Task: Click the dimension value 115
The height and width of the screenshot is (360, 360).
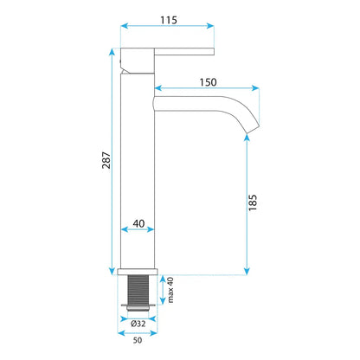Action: pos(169,20)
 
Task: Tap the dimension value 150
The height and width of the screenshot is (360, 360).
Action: pos(208,82)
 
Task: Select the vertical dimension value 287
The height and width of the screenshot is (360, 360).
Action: pos(106,160)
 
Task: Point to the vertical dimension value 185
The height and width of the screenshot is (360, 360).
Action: pos(253,202)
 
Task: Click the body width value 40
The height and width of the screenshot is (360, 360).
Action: pos(138,223)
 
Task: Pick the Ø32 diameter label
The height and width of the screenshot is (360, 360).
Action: pos(138,324)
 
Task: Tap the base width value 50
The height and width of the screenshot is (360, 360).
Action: pos(138,340)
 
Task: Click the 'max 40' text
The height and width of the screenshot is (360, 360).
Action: pos(170,290)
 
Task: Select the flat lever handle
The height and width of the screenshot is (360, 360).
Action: pos(184,52)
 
